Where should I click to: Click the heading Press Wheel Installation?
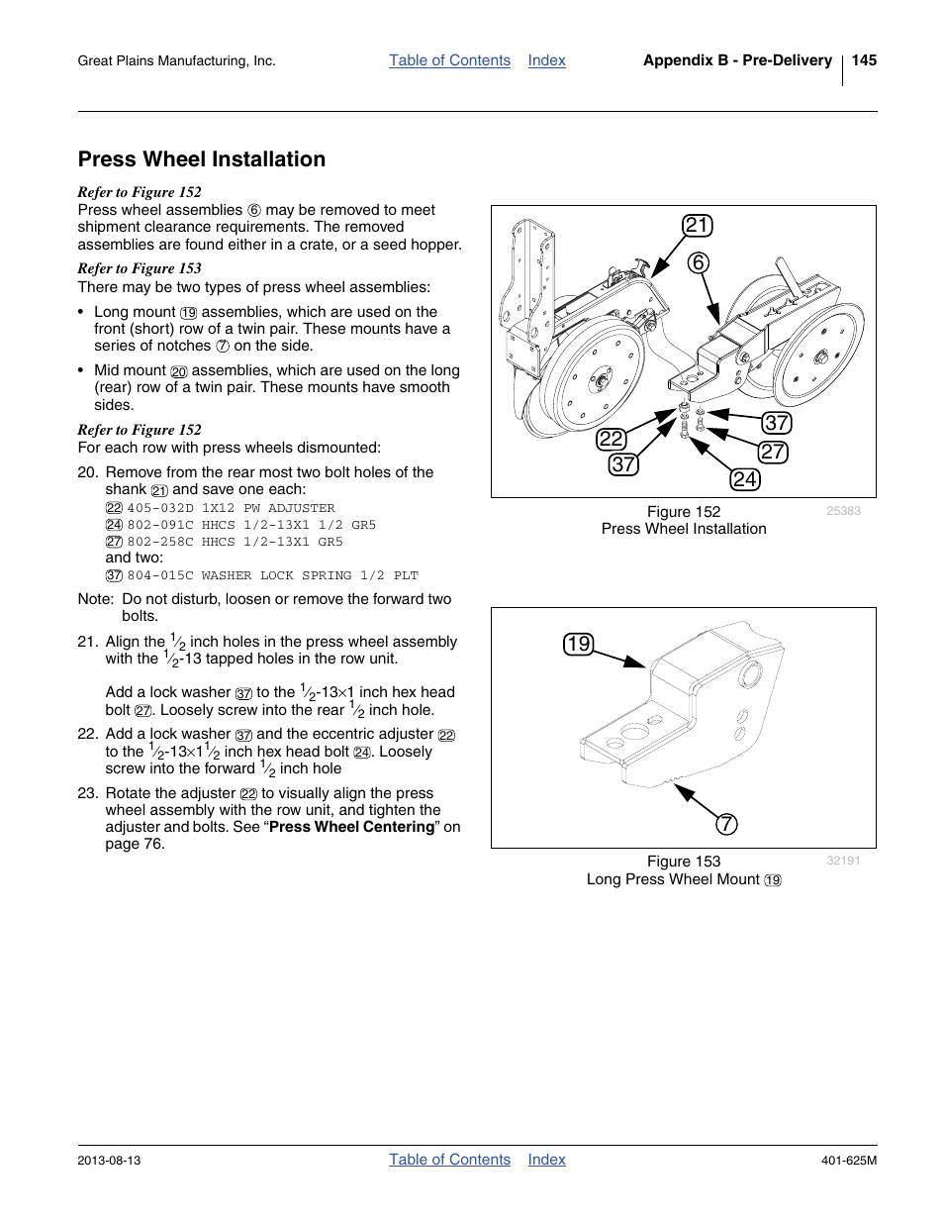click(x=202, y=159)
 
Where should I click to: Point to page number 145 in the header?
click(x=863, y=60)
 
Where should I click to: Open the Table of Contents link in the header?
click(x=449, y=60)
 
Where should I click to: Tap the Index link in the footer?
click(x=546, y=1160)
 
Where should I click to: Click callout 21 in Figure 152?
click(x=698, y=226)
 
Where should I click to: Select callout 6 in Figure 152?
click(x=699, y=262)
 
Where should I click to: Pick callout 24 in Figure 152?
click(x=744, y=480)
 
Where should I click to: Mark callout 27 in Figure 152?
click(x=773, y=453)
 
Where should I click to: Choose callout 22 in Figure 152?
click(x=611, y=439)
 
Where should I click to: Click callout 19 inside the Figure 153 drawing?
click(x=578, y=645)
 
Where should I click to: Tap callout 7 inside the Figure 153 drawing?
click(x=726, y=824)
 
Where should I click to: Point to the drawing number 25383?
click(x=843, y=511)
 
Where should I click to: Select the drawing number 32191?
click(x=843, y=861)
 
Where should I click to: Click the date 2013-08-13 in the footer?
click(x=109, y=1161)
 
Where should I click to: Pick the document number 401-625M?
click(x=848, y=1161)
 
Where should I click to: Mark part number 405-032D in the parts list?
click(x=160, y=508)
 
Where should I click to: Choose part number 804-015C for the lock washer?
click(x=160, y=575)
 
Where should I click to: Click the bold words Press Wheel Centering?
click(x=351, y=827)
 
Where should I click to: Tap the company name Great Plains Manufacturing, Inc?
click(x=176, y=61)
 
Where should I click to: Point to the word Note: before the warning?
click(x=95, y=599)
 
